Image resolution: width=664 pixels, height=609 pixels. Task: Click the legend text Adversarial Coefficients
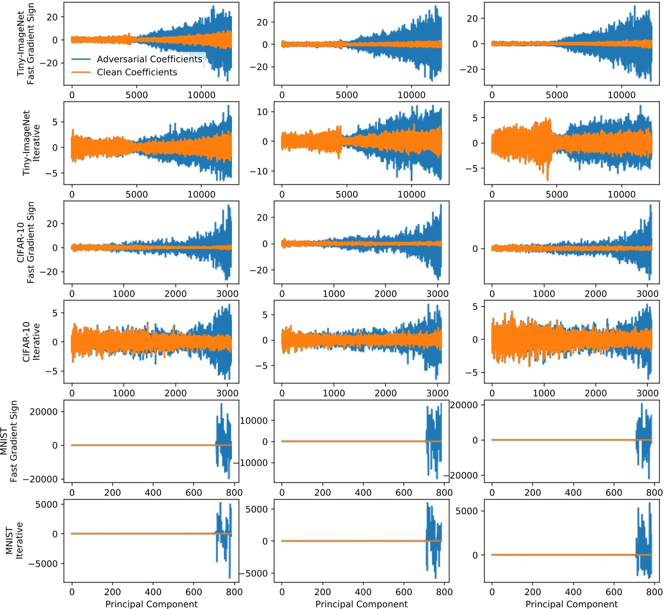[149, 59]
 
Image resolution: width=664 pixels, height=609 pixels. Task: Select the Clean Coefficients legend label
[137, 72]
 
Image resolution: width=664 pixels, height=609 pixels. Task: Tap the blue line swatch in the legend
[81, 59]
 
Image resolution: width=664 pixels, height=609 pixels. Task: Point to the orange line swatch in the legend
[81, 72]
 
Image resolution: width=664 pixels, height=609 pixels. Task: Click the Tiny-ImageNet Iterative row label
[31, 143]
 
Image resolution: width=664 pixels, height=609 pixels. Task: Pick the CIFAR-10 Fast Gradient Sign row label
[26, 242]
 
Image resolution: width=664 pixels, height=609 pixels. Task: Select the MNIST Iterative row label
[14, 540]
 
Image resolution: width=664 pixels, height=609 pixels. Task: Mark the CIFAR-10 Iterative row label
[31, 342]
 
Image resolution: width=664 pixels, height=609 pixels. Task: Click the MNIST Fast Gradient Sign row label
[9, 441]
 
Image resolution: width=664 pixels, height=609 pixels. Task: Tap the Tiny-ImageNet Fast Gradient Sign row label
[26, 43]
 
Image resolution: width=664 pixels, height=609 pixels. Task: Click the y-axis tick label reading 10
[262, 112]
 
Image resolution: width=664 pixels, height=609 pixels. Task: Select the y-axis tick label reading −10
[258, 171]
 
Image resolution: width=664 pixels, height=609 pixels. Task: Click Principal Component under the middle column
[361, 604]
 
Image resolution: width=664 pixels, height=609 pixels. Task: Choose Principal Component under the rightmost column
[571, 604]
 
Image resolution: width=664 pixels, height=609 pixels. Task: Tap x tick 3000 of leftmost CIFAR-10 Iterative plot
[227, 393]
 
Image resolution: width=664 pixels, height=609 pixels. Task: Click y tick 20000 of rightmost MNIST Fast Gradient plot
[464, 405]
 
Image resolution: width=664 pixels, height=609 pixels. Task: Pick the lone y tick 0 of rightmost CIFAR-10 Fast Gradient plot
[475, 249]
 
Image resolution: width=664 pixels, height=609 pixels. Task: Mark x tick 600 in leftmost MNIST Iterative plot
[194, 592]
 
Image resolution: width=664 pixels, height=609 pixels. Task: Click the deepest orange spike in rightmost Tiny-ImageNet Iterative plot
[547, 180]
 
